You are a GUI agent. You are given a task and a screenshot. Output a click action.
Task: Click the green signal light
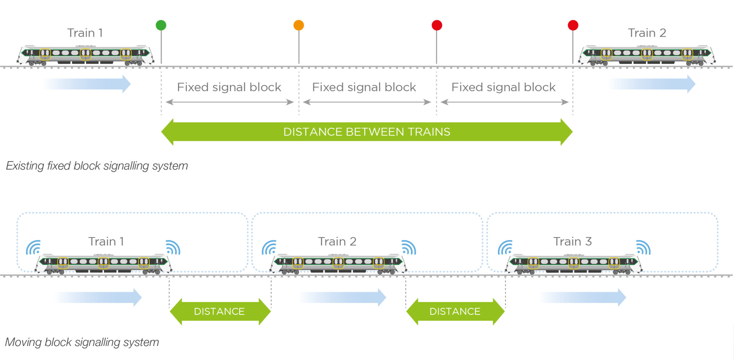coord(161,25)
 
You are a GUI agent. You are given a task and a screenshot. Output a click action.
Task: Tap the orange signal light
coord(299,25)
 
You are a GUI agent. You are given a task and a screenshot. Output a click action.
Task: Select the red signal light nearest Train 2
coord(573,25)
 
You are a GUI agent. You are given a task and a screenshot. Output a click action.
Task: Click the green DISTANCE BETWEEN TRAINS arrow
coord(367,132)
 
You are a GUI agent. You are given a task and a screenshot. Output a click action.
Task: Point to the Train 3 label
coord(572,241)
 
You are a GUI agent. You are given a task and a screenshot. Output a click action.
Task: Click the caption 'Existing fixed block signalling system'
coord(97,166)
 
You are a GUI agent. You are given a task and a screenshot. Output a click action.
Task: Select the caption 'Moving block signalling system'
coord(82,342)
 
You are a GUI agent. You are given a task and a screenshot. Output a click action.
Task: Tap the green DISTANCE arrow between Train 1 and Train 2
coord(220,312)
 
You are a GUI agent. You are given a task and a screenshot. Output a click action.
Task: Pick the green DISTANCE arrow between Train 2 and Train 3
coord(455,312)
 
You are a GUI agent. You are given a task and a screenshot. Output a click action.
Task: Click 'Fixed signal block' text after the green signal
coord(229,87)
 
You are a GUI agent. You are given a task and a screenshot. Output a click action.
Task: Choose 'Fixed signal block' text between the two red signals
coord(503,87)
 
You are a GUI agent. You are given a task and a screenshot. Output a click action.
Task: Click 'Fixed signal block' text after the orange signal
coord(364,87)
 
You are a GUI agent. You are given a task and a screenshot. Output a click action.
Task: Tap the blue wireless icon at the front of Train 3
coord(643,247)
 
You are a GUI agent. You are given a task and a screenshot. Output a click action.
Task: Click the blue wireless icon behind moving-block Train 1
coord(33,248)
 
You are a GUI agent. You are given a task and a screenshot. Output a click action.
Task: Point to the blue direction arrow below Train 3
coord(584,297)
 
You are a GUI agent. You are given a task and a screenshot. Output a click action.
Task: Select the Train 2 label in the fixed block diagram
coord(647,33)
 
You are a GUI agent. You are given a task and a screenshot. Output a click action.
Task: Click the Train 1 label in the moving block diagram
coord(106,241)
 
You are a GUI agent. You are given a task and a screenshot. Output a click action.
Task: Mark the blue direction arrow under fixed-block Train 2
coord(653,84)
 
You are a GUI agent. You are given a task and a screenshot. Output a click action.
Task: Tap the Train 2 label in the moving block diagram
coord(337,241)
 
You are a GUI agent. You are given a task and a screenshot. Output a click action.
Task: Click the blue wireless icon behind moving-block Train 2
coord(269,248)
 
